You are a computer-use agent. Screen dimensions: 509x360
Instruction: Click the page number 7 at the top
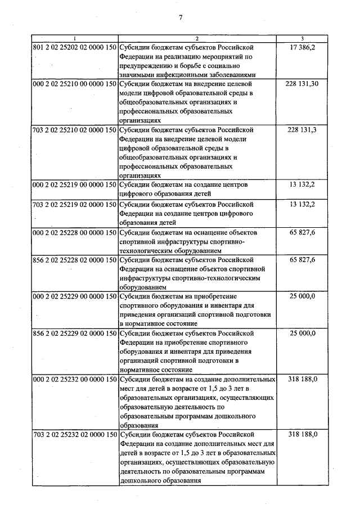coord(181,17)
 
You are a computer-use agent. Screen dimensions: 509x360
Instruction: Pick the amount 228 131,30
coord(303,83)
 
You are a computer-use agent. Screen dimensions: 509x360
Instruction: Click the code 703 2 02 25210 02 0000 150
coord(74,130)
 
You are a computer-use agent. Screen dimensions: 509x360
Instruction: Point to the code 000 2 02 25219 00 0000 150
coord(74,184)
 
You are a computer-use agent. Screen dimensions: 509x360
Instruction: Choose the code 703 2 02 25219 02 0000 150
coord(74,204)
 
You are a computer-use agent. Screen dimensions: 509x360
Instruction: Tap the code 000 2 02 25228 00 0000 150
coord(74,232)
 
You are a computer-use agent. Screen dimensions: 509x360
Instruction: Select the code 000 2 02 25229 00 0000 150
coord(74,296)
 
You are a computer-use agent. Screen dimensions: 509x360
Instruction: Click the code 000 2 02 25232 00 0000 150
coord(74,379)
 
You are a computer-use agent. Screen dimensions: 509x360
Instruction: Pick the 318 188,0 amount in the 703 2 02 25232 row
coord(303,434)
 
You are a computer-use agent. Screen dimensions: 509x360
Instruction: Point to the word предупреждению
coord(147,65)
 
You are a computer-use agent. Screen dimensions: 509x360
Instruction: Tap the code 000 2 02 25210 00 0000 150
coord(74,83)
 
